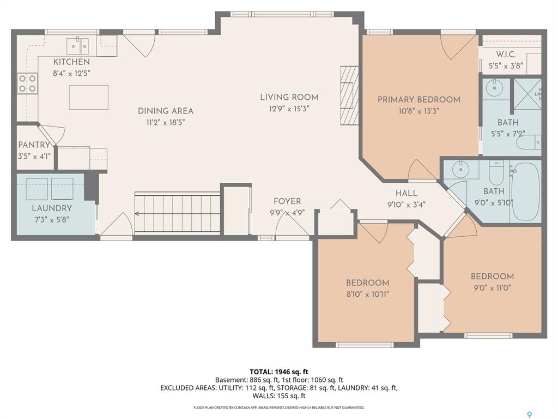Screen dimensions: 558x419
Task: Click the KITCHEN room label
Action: click(71, 62)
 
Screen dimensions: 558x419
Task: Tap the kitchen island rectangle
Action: click(89, 97)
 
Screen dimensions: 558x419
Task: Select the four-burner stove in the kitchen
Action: click(27, 83)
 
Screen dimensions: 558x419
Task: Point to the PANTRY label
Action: click(34, 145)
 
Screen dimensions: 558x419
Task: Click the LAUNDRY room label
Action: click(52, 208)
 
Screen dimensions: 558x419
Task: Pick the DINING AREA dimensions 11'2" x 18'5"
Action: click(166, 122)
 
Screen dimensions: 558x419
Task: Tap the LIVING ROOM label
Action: click(289, 97)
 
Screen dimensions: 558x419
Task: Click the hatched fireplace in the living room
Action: click(349, 95)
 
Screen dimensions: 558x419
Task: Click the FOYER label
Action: click(287, 201)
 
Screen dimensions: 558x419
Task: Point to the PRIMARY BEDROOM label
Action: click(419, 99)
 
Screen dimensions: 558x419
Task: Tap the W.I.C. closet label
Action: click(506, 55)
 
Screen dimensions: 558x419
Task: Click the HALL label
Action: click(407, 193)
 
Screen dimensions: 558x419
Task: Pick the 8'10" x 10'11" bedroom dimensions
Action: click(368, 294)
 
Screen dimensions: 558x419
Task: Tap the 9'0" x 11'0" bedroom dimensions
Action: click(492, 288)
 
